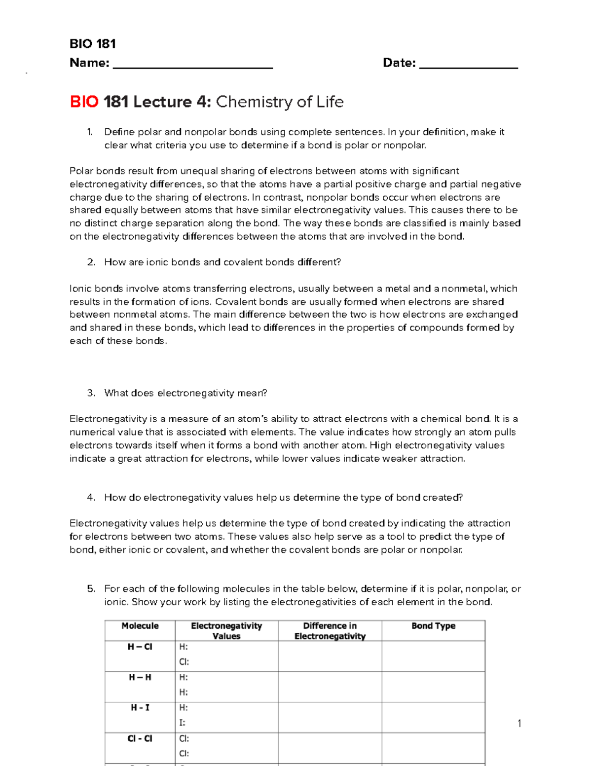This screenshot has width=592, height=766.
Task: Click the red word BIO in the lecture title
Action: pyautogui.click(x=84, y=102)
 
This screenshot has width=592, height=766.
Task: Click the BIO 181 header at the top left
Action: pyautogui.click(x=92, y=44)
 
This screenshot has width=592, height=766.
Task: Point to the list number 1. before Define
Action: pyautogui.click(x=89, y=132)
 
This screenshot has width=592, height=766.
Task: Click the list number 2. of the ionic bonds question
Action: pyautogui.click(x=91, y=262)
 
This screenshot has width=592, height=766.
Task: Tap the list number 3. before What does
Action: pyautogui.click(x=91, y=393)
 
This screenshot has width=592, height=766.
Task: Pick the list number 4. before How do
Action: pyautogui.click(x=91, y=497)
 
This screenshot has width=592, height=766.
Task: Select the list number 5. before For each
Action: pyautogui.click(x=91, y=588)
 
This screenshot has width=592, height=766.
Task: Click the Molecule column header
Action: pyautogui.click(x=140, y=626)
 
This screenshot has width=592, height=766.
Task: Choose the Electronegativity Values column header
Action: pyautogui.click(x=226, y=631)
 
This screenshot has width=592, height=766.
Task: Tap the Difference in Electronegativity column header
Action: pyautogui.click(x=330, y=631)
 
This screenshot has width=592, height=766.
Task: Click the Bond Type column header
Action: pyautogui.click(x=433, y=626)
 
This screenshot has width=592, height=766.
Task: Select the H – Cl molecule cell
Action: pyautogui.click(x=140, y=647)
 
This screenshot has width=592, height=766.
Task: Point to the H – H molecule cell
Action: pyautogui.click(x=140, y=677)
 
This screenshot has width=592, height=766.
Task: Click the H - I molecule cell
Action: pyautogui.click(x=140, y=708)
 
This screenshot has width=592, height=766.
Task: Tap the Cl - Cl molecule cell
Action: pyautogui.click(x=140, y=738)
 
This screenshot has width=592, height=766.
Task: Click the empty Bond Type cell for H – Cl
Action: pyautogui.click(x=433, y=656)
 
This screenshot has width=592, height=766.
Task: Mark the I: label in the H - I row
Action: pyautogui.click(x=182, y=723)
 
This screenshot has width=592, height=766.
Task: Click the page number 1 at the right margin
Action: pyautogui.click(x=519, y=724)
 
